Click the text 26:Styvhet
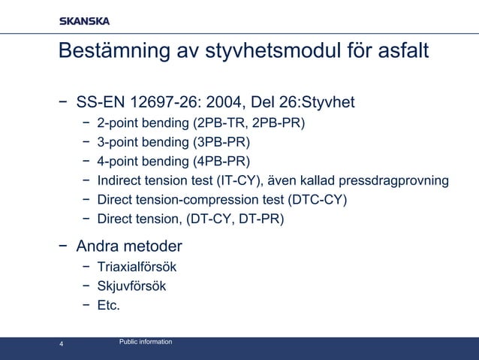[315, 101]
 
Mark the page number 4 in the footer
[62, 345]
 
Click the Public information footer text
[146, 342]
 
